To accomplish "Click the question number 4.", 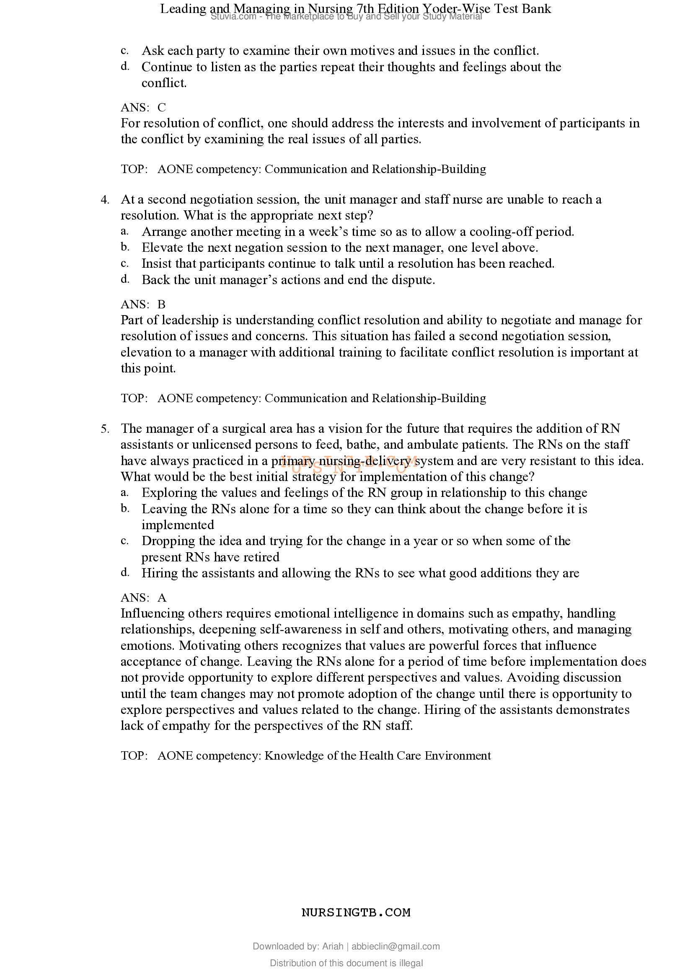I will click(x=105, y=200).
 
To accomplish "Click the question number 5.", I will click(x=105, y=429).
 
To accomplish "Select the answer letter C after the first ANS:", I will click(x=161, y=108).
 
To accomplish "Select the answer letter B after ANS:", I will click(x=161, y=305).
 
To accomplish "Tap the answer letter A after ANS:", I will click(x=162, y=598).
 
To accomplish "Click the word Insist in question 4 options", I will click(x=157, y=264).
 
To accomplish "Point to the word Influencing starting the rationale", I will click(x=153, y=614).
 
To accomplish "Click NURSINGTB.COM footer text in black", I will click(x=355, y=913).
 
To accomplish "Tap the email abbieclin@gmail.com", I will click(x=395, y=946).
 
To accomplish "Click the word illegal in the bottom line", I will click(x=411, y=963).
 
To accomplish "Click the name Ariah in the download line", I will click(x=332, y=946).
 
